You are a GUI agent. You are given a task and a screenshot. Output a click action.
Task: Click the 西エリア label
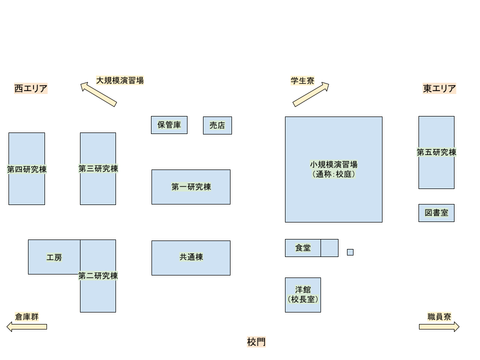(30, 88)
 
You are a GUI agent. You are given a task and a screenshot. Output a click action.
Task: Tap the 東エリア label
(439, 88)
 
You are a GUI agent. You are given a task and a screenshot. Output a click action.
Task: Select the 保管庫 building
(169, 125)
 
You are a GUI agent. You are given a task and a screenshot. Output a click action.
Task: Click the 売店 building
(217, 125)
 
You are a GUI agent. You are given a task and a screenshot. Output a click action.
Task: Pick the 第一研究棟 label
(191, 187)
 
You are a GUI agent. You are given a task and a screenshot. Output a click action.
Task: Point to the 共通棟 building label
(191, 257)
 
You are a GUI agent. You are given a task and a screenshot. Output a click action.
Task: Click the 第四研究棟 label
(26, 169)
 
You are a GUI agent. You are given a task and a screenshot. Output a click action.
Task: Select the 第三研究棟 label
(98, 168)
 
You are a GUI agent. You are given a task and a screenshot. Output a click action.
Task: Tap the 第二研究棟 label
(98, 275)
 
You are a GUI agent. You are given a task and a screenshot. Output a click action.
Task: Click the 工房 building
(54, 257)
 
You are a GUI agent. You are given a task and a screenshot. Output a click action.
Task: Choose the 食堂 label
(303, 247)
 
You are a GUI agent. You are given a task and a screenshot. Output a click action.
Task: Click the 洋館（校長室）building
(303, 294)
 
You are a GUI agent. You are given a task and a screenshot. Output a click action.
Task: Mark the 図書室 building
(436, 213)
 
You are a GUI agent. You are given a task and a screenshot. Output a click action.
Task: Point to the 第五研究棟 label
(436, 152)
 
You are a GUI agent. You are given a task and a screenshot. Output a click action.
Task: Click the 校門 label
(256, 341)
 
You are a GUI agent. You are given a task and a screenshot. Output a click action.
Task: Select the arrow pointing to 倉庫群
(27, 326)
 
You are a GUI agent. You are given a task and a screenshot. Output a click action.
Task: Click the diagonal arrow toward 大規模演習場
(98, 94)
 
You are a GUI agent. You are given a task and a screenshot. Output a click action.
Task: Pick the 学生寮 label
(302, 80)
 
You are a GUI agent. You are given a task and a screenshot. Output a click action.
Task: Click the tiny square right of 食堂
(350, 252)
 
